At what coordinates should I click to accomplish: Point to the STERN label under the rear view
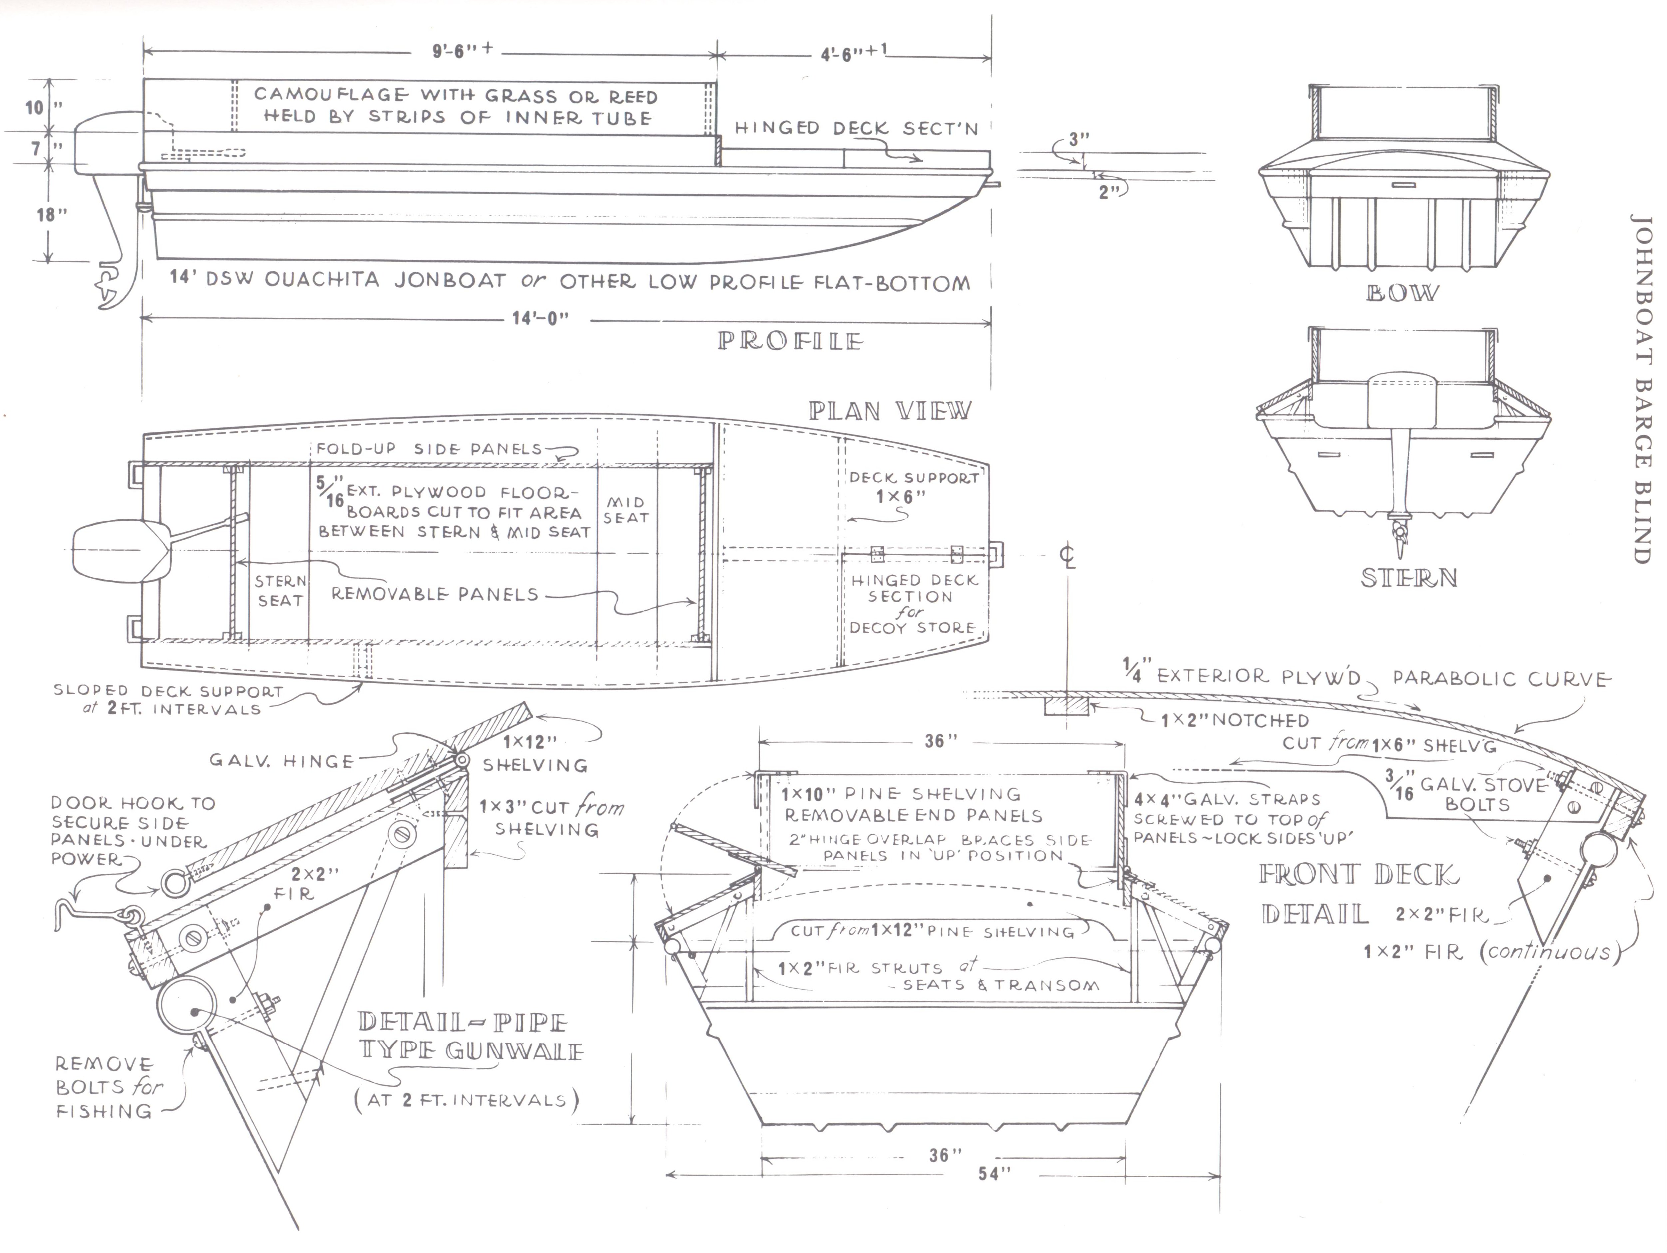1408,578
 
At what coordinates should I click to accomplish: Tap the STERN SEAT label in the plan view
279,591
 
